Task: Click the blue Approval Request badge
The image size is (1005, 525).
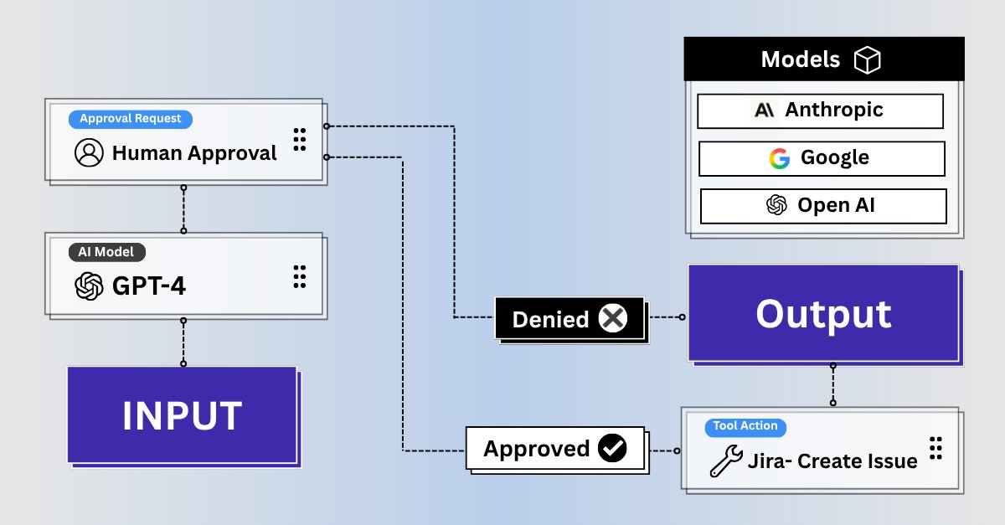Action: pos(130,119)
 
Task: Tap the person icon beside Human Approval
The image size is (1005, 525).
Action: pos(89,153)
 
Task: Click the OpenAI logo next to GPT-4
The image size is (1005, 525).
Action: pos(89,286)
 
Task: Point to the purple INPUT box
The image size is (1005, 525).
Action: pos(182,415)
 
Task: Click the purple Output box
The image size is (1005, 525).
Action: pos(823,314)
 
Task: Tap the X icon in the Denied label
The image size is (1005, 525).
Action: pos(613,318)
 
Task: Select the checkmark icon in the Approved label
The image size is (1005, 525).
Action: pos(612,449)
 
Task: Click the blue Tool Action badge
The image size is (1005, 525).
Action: pos(745,426)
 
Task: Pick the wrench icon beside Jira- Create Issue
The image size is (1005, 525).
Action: pos(725,461)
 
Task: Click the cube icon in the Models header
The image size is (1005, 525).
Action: pos(867,59)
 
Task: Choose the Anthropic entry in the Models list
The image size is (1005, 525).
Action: pos(820,111)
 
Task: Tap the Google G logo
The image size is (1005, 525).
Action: pos(780,158)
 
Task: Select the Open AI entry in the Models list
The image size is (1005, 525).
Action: pos(822,205)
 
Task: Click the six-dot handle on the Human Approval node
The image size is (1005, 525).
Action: pos(300,140)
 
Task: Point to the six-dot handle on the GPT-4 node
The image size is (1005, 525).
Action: pos(300,276)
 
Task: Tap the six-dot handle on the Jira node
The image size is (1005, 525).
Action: pos(936,448)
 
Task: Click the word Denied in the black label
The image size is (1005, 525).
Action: pos(550,319)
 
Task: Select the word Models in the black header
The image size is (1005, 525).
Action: pos(800,59)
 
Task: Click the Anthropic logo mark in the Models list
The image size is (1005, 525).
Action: pos(765,111)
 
